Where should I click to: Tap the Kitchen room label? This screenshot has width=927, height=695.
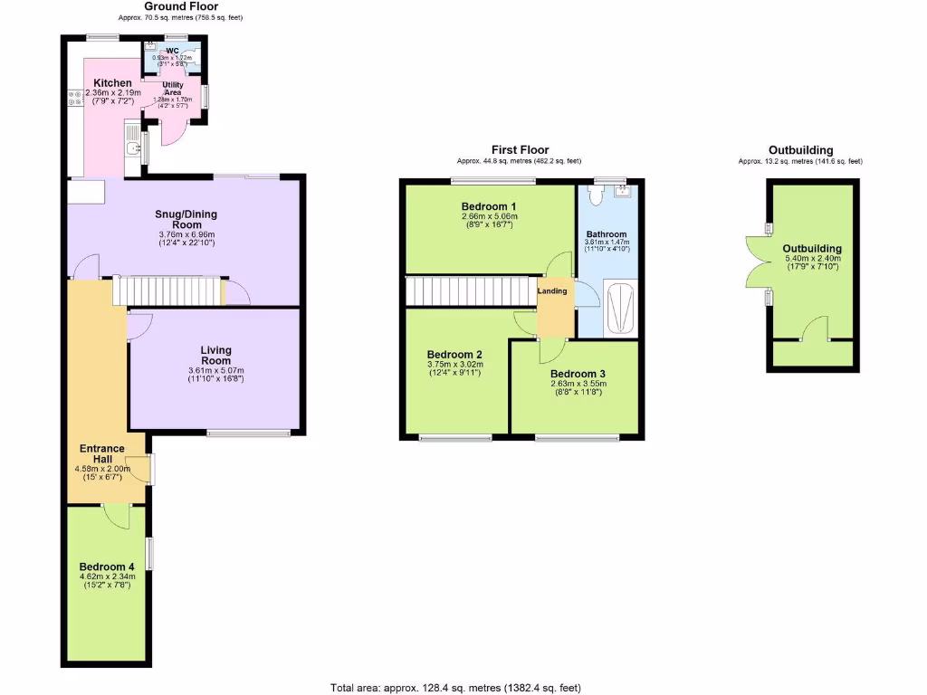tap(113, 83)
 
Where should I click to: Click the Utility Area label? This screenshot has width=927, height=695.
tap(173, 88)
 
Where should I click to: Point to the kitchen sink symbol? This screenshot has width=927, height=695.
tap(133, 150)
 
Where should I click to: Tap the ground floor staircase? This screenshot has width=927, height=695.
tap(167, 291)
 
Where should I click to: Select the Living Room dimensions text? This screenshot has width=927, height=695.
tap(215, 375)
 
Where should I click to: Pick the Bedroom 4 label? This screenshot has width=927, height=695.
tap(107, 567)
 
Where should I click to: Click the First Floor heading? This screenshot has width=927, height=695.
tap(520, 149)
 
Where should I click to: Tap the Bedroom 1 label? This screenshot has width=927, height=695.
tap(489, 205)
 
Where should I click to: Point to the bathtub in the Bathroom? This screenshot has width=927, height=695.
tap(619, 309)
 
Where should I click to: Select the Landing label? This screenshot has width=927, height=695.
tap(552, 290)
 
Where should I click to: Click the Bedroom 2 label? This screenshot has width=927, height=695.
tap(454, 354)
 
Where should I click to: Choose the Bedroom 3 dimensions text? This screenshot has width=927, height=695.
tap(578, 387)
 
